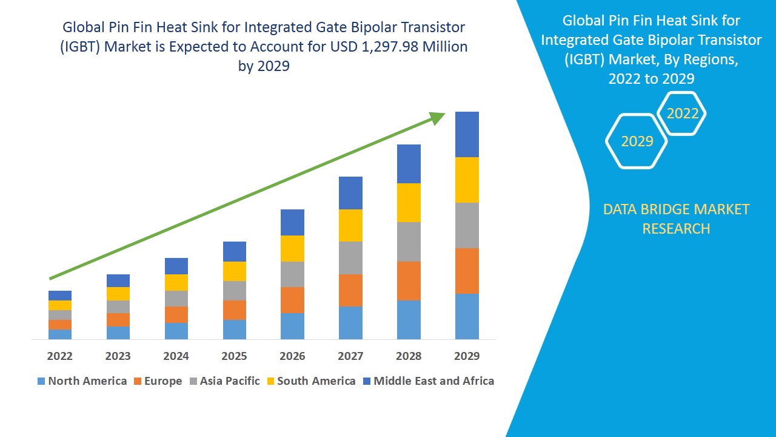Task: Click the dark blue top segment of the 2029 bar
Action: (x=467, y=134)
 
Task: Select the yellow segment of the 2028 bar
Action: (x=409, y=202)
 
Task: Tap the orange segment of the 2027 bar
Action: (x=350, y=290)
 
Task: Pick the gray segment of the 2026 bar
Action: (x=292, y=274)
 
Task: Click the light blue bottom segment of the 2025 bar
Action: (x=235, y=329)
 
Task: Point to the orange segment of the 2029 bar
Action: (x=467, y=271)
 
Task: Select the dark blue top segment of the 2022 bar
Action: (x=60, y=295)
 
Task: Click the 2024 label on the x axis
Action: (x=176, y=356)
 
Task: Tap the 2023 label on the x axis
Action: (x=118, y=356)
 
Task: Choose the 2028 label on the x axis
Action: (x=409, y=356)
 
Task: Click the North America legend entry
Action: (x=82, y=381)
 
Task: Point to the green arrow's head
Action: (x=438, y=117)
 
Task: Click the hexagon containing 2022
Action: (x=682, y=113)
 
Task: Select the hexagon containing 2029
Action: (x=637, y=141)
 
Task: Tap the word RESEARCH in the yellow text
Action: (x=676, y=229)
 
